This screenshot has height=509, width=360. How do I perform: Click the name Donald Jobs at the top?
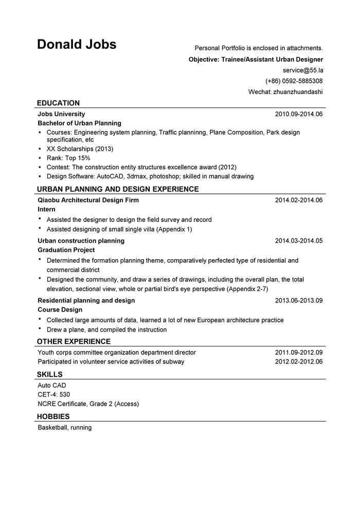tap(77, 45)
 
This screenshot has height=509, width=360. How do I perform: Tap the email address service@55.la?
tap(302, 70)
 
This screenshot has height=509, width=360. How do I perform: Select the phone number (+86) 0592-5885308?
tap(294, 81)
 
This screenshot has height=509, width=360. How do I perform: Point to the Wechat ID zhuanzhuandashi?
tap(285, 92)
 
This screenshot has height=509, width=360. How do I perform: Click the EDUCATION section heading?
tap(58, 103)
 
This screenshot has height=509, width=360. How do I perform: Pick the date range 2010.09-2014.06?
tap(298, 114)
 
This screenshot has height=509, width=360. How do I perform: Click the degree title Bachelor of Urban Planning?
tap(79, 123)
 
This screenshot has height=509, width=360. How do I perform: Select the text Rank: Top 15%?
tap(68, 158)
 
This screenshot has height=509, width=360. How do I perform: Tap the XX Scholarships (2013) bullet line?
tap(80, 149)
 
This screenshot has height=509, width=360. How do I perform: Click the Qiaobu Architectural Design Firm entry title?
tap(88, 200)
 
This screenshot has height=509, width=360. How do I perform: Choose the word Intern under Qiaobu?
tap(46, 210)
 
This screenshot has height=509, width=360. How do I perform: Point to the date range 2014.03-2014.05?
tap(298, 241)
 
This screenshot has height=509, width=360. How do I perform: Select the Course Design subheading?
tap(60, 310)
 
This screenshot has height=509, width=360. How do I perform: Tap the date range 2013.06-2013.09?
tap(298, 300)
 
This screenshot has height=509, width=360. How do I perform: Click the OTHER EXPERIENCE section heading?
tap(74, 341)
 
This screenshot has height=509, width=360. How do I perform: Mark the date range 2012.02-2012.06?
tap(298, 362)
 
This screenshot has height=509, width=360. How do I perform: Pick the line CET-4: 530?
tap(53, 394)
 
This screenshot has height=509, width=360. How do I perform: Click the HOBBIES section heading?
tap(53, 416)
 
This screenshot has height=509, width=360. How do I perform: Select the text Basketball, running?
tap(64, 428)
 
